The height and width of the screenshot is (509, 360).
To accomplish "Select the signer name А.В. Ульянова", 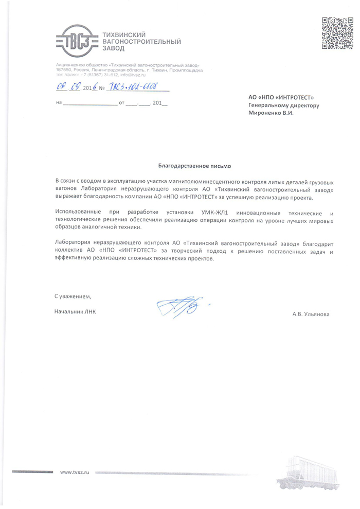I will tap(311, 314).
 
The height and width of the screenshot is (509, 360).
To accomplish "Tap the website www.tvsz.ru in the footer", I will tap(75, 472).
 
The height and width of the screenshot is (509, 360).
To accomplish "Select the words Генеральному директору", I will tap(283, 105).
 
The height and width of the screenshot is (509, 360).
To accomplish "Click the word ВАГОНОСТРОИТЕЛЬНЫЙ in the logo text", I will tap(142, 41).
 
